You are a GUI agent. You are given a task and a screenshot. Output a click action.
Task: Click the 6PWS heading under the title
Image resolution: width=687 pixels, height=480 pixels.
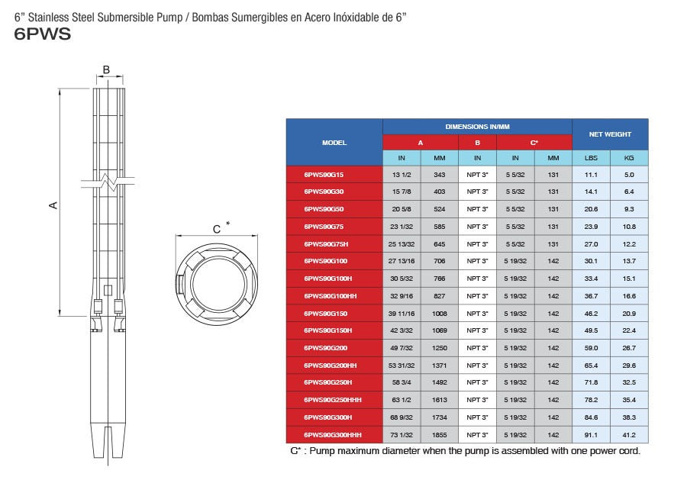click(x=43, y=34)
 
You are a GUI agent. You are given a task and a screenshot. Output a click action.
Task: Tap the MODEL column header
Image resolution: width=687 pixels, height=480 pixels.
click(x=334, y=143)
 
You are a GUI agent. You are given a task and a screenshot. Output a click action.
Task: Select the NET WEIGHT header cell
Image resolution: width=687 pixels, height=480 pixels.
click(x=610, y=134)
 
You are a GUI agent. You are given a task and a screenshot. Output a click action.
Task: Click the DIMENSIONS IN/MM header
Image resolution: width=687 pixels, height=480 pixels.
click(x=477, y=127)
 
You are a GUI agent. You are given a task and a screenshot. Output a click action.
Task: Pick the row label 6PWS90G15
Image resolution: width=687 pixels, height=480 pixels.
click(x=324, y=175)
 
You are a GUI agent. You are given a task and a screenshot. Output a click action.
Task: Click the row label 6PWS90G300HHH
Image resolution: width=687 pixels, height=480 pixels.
click(x=332, y=435)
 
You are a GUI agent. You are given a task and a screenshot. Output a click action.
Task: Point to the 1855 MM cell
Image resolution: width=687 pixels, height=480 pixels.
click(x=439, y=435)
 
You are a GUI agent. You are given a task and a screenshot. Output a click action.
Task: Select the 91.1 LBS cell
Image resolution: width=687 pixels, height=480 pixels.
click(x=591, y=435)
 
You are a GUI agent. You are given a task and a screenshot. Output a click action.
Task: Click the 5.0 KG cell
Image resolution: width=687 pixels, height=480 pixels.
click(x=629, y=175)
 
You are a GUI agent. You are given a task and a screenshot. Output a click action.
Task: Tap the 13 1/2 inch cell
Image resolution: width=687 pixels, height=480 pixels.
click(x=402, y=175)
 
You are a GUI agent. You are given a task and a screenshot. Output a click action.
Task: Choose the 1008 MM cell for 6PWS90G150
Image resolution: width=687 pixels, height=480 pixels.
click(x=439, y=314)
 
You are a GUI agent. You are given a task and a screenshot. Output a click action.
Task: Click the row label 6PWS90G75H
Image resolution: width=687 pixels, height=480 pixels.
click(x=326, y=244)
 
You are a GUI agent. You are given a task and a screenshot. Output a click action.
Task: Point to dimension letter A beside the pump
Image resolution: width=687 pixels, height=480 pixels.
click(x=53, y=205)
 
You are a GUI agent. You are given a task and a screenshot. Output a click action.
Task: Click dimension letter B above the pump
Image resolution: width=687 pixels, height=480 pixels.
click(x=106, y=70)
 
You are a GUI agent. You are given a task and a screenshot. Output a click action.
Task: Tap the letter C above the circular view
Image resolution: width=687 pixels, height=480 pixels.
click(x=216, y=229)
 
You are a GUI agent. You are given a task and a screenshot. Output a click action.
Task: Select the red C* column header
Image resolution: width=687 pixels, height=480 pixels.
click(x=534, y=143)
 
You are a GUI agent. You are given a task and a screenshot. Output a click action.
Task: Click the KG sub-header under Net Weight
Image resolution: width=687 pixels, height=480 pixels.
click(x=629, y=158)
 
